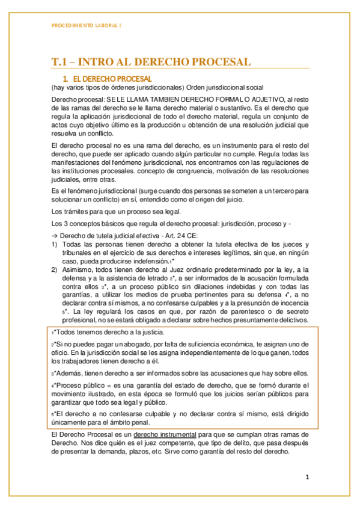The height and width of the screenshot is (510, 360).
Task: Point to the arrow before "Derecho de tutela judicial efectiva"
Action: pos(55,235)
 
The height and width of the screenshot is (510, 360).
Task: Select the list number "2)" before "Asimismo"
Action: pos(55,271)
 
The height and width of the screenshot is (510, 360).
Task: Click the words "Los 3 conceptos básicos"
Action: pos(88,224)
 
